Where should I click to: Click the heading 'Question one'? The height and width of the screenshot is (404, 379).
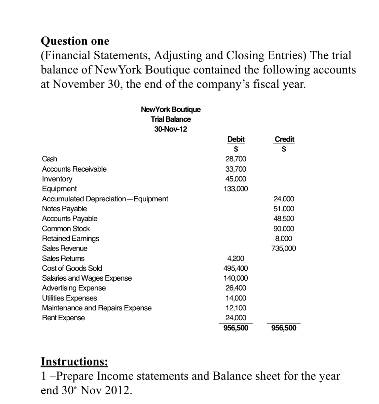[x=75, y=41]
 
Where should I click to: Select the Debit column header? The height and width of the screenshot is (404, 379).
[x=236, y=139]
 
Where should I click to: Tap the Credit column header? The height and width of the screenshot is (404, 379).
[x=284, y=139]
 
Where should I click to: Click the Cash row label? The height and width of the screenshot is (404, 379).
[x=50, y=159]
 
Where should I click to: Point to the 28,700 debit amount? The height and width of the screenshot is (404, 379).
[x=236, y=159]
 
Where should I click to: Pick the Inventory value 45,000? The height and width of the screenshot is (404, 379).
[x=236, y=179]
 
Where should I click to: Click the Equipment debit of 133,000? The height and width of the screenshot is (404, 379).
[x=236, y=189]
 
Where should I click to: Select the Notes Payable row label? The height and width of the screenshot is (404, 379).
[x=64, y=208]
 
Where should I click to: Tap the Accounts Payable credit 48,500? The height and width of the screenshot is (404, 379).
[x=284, y=218]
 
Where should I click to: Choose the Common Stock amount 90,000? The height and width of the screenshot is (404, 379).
[x=284, y=229]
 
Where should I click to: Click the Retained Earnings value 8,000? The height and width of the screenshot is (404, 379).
[x=284, y=239]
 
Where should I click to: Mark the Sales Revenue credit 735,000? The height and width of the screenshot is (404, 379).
[x=284, y=248]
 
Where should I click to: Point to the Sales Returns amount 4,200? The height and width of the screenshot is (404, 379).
[x=236, y=258]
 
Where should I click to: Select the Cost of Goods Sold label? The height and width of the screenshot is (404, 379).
[x=72, y=268]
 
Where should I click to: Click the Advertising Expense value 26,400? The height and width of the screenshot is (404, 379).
[x=236, y=288]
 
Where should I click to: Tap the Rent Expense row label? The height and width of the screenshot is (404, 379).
[x=63, y=318]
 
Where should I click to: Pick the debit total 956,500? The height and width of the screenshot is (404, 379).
[x=236, y=328]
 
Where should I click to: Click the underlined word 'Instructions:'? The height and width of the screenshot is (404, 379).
[x=75, y=361]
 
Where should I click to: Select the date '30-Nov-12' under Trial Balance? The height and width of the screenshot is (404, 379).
[x=171, y=129]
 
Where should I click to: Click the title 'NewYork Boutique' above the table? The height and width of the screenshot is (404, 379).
[x=171, y=109]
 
